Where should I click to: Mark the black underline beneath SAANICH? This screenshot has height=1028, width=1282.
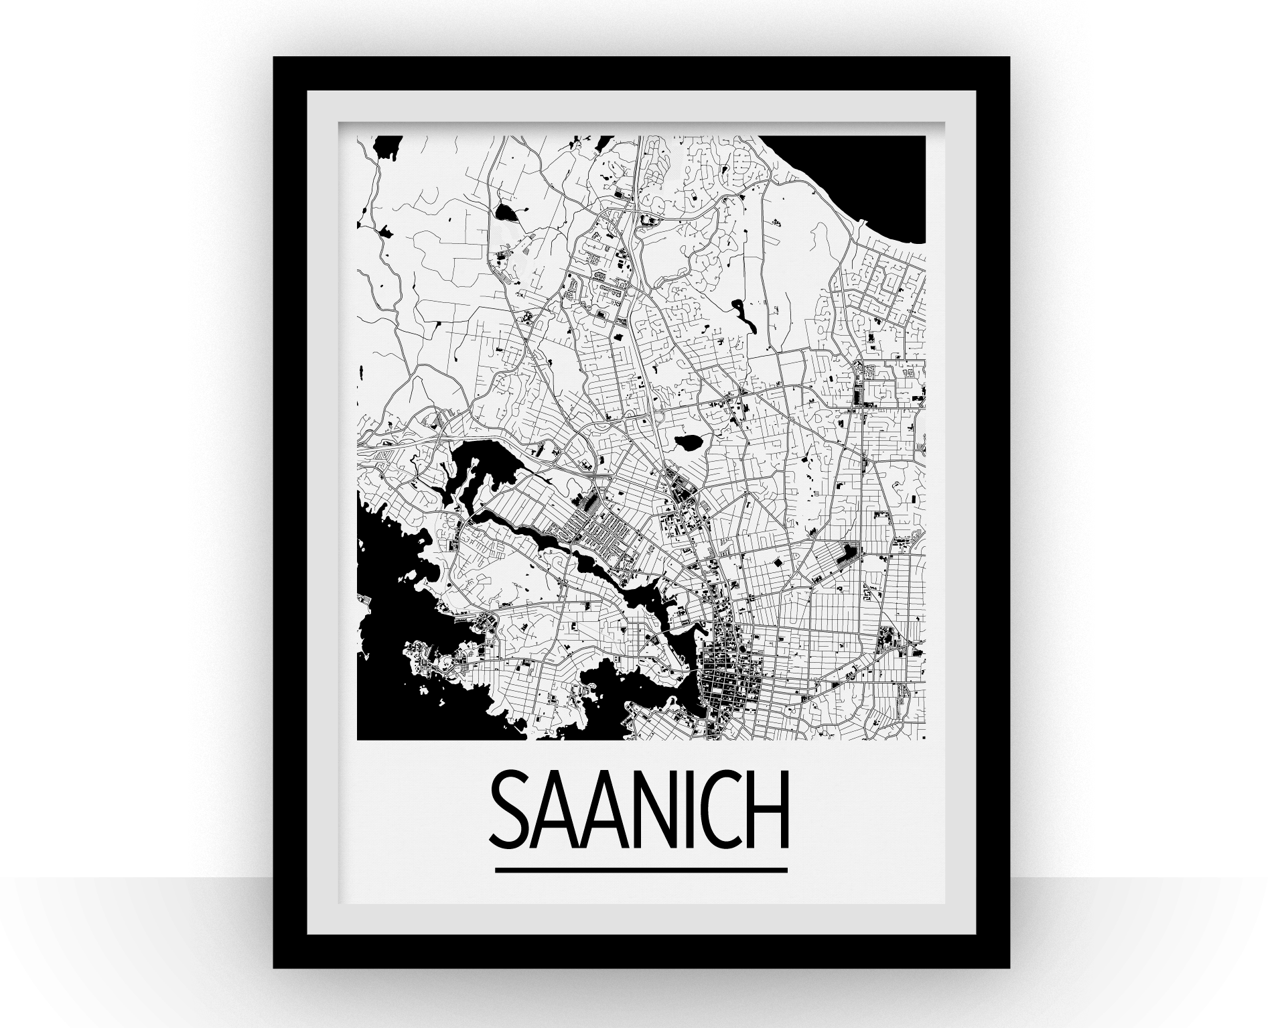(640, 871)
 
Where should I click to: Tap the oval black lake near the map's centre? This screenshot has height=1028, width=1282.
(687, 442)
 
